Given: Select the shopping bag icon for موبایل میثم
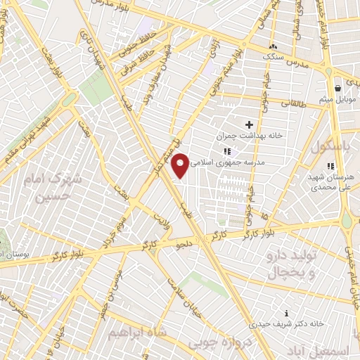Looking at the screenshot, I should tap(338, 89).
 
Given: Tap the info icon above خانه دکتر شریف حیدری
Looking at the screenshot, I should tap(285, 313).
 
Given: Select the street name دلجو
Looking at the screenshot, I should tap(184, 243).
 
